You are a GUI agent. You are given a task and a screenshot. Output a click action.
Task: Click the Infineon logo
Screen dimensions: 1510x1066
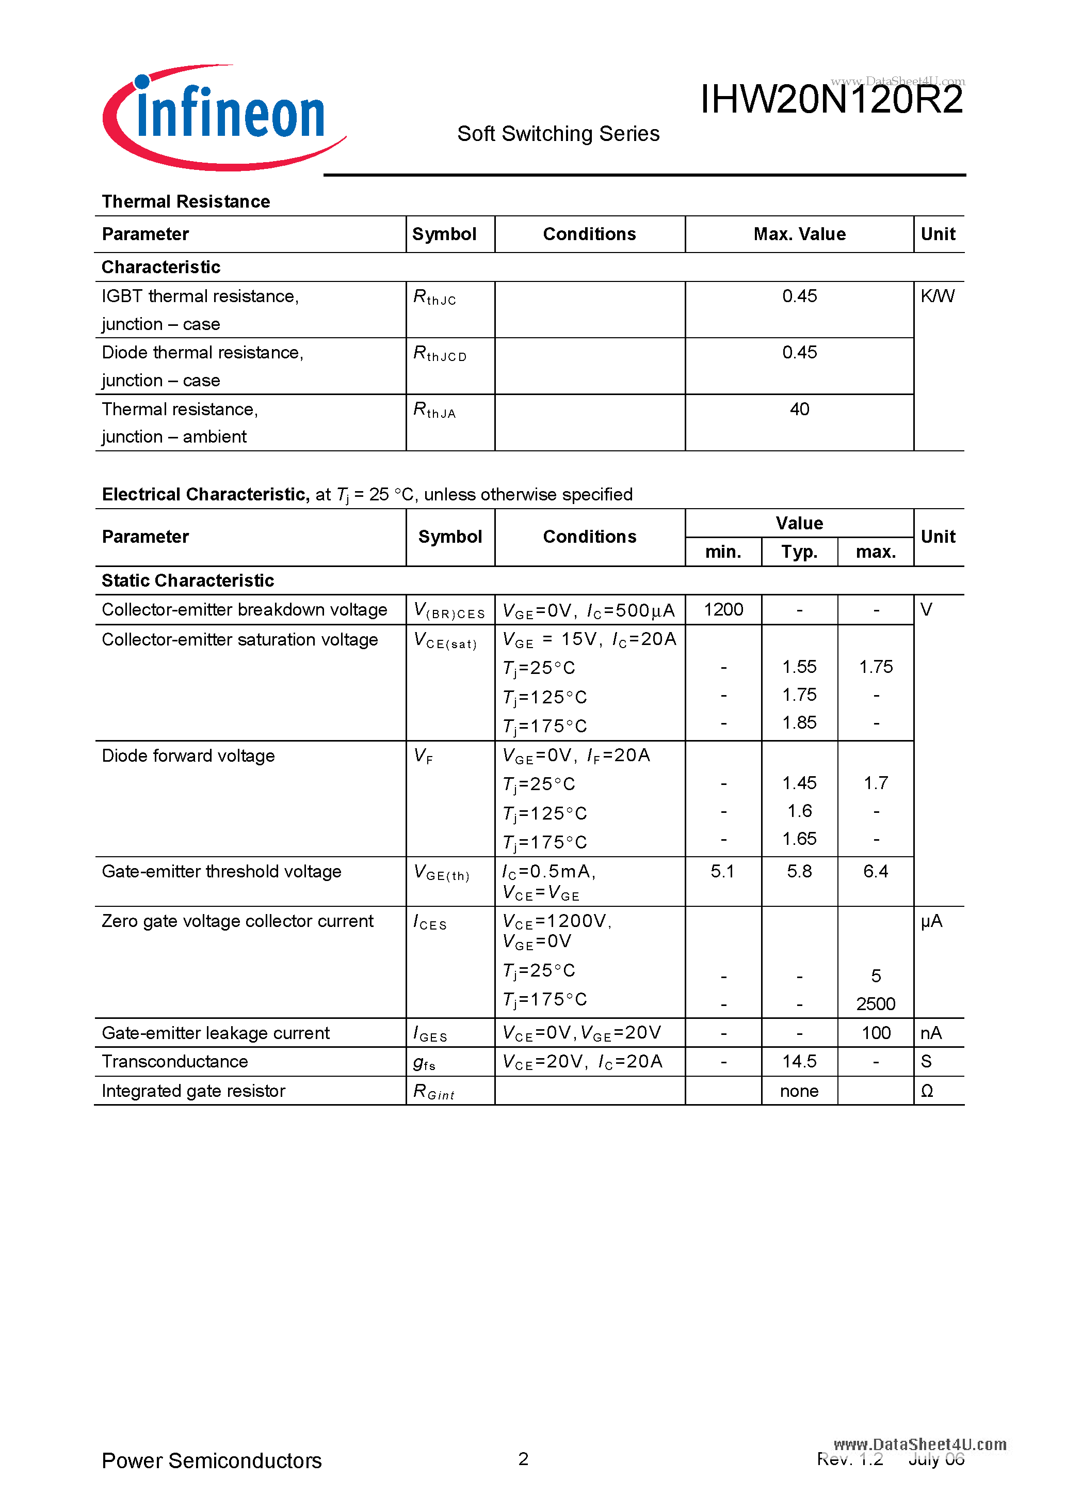click(x=223, y=117)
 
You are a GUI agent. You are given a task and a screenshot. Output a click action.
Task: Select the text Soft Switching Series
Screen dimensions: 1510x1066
click(x=558, y=134)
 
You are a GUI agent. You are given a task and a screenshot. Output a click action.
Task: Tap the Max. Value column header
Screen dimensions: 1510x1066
click(x=799, y=234)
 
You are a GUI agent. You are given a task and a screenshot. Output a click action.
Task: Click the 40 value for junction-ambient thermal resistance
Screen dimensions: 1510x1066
click(x=799, y=409)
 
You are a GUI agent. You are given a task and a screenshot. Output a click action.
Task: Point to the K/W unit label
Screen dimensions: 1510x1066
click(x=937, y=296)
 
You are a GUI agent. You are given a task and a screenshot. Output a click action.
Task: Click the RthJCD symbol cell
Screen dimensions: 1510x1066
click(x=440, y=354)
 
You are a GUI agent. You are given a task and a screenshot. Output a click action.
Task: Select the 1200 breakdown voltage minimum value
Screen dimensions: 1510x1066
click(x=723, y=610)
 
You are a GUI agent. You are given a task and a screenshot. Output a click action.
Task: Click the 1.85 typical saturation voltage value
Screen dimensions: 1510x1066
click(x=799, y=723)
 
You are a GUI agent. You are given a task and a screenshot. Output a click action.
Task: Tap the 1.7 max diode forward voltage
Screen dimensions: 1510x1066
click(x=876, y=783)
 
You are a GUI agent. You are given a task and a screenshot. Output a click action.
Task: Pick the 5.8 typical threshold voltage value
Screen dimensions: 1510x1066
click(x=799, y=871)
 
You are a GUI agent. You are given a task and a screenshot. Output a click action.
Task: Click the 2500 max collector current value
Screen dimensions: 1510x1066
click(x=876, y=1003)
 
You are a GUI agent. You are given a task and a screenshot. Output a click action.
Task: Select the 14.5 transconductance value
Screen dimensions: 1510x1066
click(x=799, y=1061)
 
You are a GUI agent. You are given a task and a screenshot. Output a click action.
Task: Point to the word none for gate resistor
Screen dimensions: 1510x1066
click(x=799, y=1091)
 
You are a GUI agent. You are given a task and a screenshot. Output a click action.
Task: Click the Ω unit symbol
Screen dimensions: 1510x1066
click(x=927, y=1091)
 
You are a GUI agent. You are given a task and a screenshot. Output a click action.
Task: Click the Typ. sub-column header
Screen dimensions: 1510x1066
click(x=799, y=552)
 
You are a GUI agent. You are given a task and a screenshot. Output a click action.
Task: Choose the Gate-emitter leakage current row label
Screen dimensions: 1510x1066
click(x=216, y=1033)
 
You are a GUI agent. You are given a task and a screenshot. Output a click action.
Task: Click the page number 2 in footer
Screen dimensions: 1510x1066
click(x=523, y=1459)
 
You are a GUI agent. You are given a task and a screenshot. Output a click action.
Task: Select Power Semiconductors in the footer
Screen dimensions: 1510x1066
click(x=212, y=1460)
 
